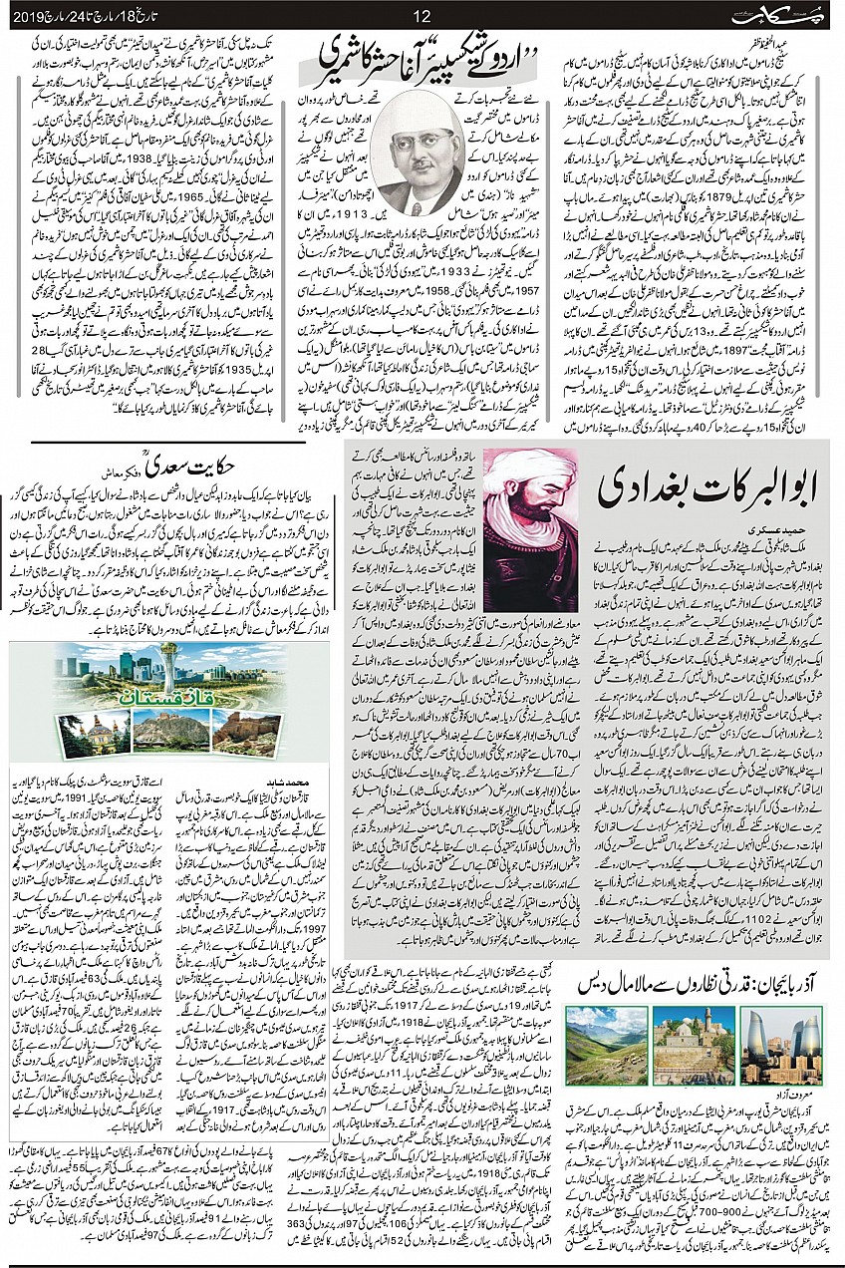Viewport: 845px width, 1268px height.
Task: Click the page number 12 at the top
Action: point(422,15)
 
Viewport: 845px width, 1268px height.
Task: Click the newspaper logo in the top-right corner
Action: point(788,15)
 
